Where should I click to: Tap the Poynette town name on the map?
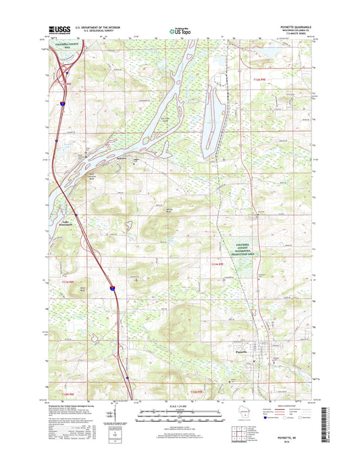tap(246, 352)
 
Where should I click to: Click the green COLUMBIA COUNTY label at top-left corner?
tap(64, 45)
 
